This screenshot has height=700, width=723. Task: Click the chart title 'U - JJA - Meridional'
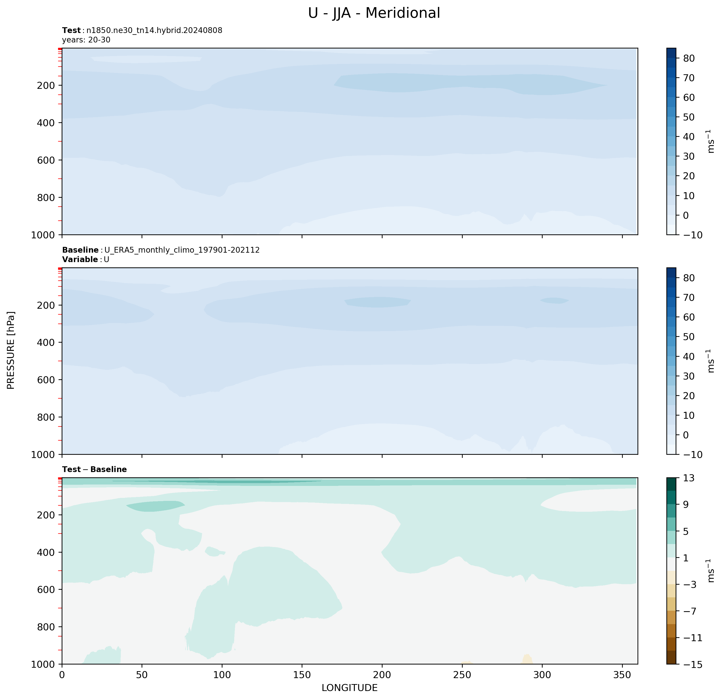pyautogui.click(x=374, y=13)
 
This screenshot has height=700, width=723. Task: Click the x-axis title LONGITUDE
pyautogui.click(x=349, y=688)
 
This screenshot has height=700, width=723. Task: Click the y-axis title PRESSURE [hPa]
pyautogui.click(x=11, y=350)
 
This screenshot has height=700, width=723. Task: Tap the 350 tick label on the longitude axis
pyautogui.click(x=622, y=674)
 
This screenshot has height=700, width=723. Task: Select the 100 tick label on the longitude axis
pyautogui.click(x=222, y=674)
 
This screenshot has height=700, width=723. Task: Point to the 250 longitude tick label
pyautogui.click(x=462, y=674)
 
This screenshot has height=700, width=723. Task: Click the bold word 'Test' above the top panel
pyautogui.click(x=71, y=31)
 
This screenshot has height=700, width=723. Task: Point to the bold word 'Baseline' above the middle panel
pyautogui.click(x=80, y=250)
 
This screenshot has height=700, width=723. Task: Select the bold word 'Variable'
pyautogui.click(x=80, y=259)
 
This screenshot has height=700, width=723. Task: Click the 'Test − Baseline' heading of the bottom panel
pyautogui.click(x=94, y=469)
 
